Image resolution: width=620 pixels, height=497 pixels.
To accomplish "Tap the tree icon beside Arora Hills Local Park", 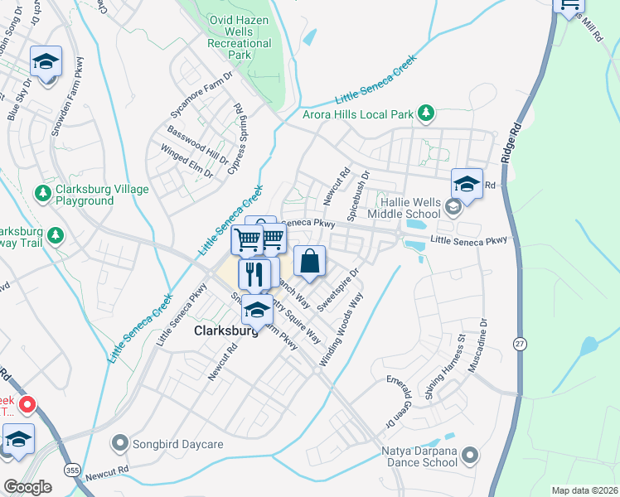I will click(x=425, y=113).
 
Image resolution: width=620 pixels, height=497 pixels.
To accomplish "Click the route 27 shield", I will click(x=520, y=344).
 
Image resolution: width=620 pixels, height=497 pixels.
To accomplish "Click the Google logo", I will click(x=27, y=487).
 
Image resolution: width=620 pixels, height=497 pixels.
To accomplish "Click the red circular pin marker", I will click(x=27, y=404).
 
